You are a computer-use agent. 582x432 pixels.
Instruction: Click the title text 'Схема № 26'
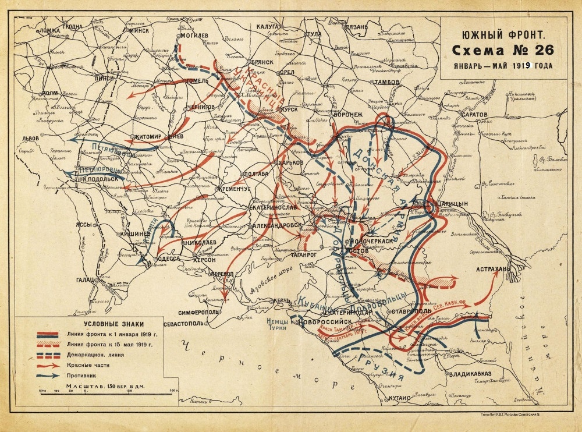pos(503,48)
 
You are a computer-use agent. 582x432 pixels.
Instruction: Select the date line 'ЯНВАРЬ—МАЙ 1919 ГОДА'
pos(503,65)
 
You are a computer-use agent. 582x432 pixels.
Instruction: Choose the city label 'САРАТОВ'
pos(471,115)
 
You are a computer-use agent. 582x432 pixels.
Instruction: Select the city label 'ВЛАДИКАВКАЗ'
pos(467,373)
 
